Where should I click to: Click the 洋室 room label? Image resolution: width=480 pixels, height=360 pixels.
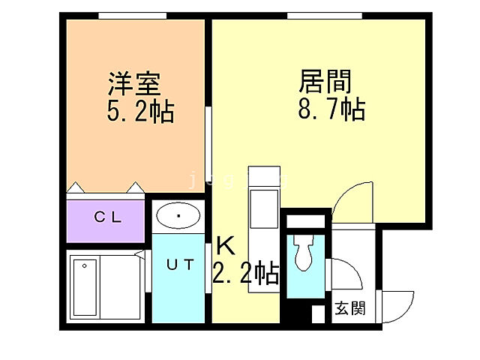click(x=135, y=81)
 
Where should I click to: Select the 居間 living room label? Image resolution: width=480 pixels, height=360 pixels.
click(x=325, y=79)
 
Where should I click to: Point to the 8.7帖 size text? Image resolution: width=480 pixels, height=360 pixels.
click(x=330, y=109)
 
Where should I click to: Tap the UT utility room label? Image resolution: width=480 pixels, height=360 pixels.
click(x=180, y=264)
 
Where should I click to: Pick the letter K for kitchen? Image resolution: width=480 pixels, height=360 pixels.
click(x=225, y=245)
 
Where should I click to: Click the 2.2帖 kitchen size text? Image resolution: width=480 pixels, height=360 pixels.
click(x=246, y=271)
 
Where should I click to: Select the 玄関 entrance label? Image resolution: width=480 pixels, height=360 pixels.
click(x=349, y=308)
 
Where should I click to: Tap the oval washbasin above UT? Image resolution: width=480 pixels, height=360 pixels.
click(x=179, y=216)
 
